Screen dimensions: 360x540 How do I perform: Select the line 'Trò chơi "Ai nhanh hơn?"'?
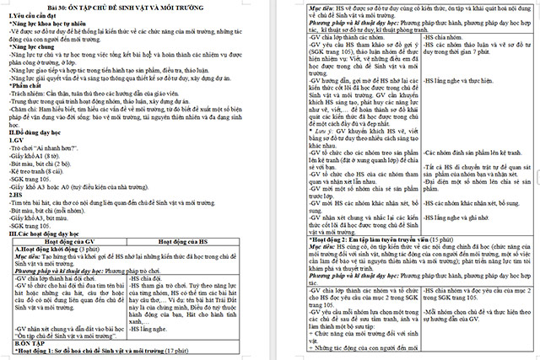click(x=51, y=148)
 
